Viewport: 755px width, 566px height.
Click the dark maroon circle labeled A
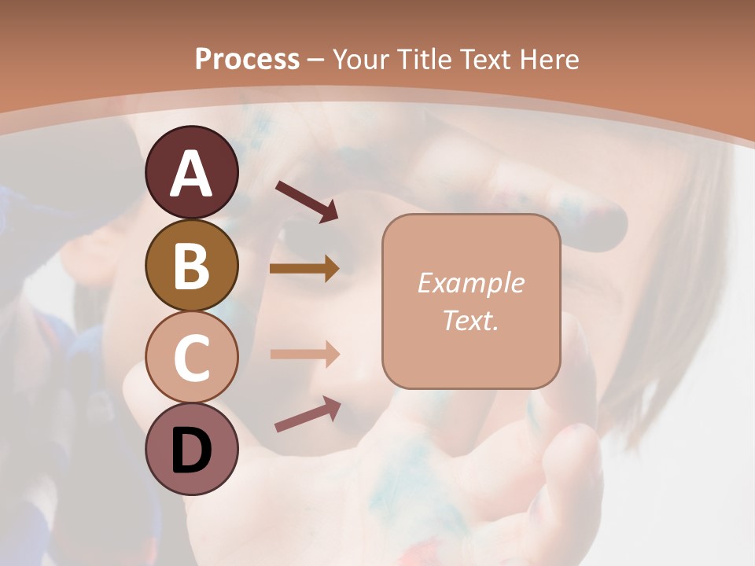click(x=191, y=173)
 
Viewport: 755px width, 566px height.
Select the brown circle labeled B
click(x=191, y=266)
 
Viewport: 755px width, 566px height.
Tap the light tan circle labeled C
click(x=191, y=358)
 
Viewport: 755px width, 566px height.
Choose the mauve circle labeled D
click(x=191, y=450)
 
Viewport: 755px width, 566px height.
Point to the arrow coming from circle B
click(x=304, y=268)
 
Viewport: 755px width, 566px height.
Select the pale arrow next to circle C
click(x=304, y=354)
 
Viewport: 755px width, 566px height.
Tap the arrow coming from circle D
click(x=308, y=414)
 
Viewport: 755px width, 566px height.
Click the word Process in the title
click(x=247, y=59)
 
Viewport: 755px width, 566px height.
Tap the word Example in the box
click(x=470, y=283)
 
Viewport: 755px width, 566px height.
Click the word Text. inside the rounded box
click(x=470, y=320)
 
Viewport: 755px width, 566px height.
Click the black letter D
click(x=191, y=450)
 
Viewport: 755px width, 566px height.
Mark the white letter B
click(x=191, y=266)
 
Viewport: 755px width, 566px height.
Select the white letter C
click(x=191, y=358)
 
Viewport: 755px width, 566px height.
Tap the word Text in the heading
click(x=482, y=59)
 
